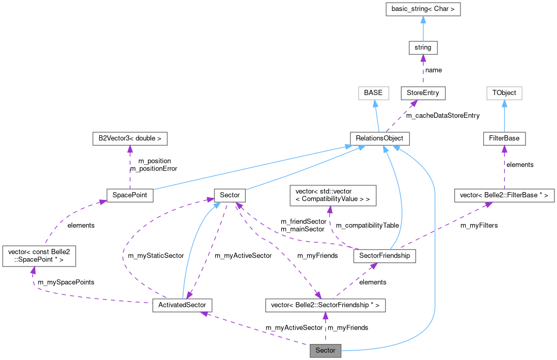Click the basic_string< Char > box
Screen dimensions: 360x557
tap(423, 9)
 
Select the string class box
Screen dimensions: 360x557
tap(423, 48)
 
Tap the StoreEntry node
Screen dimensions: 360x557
tap(423, 93)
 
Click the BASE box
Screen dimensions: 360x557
tap(373, 93)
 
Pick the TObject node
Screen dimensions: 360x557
tap(504, 93)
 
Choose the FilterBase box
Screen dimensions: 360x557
tap(504, 138)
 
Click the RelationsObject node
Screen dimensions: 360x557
tap(379, 138)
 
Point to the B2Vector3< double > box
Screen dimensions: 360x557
tap(130, 138)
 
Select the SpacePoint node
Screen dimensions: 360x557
tap(130, 195)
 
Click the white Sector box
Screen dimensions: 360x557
tap(230, 195)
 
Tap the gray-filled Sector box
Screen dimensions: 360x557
tap(325, 350)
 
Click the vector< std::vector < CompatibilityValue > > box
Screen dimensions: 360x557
tap(332, 195)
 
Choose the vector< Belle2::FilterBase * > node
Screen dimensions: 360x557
tap(504, 195)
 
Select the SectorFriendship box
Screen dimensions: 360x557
tap(384, 256)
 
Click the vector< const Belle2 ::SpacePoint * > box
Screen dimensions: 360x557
tap(39, 256)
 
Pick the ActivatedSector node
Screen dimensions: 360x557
tap(183, 305)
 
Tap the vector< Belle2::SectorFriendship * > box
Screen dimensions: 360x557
tap(325, 305)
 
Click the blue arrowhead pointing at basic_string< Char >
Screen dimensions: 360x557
tap(423, 19)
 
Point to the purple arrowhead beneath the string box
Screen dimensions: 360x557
tap(423, 58)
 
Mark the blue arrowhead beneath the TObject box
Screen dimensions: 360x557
tap(504, 103)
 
